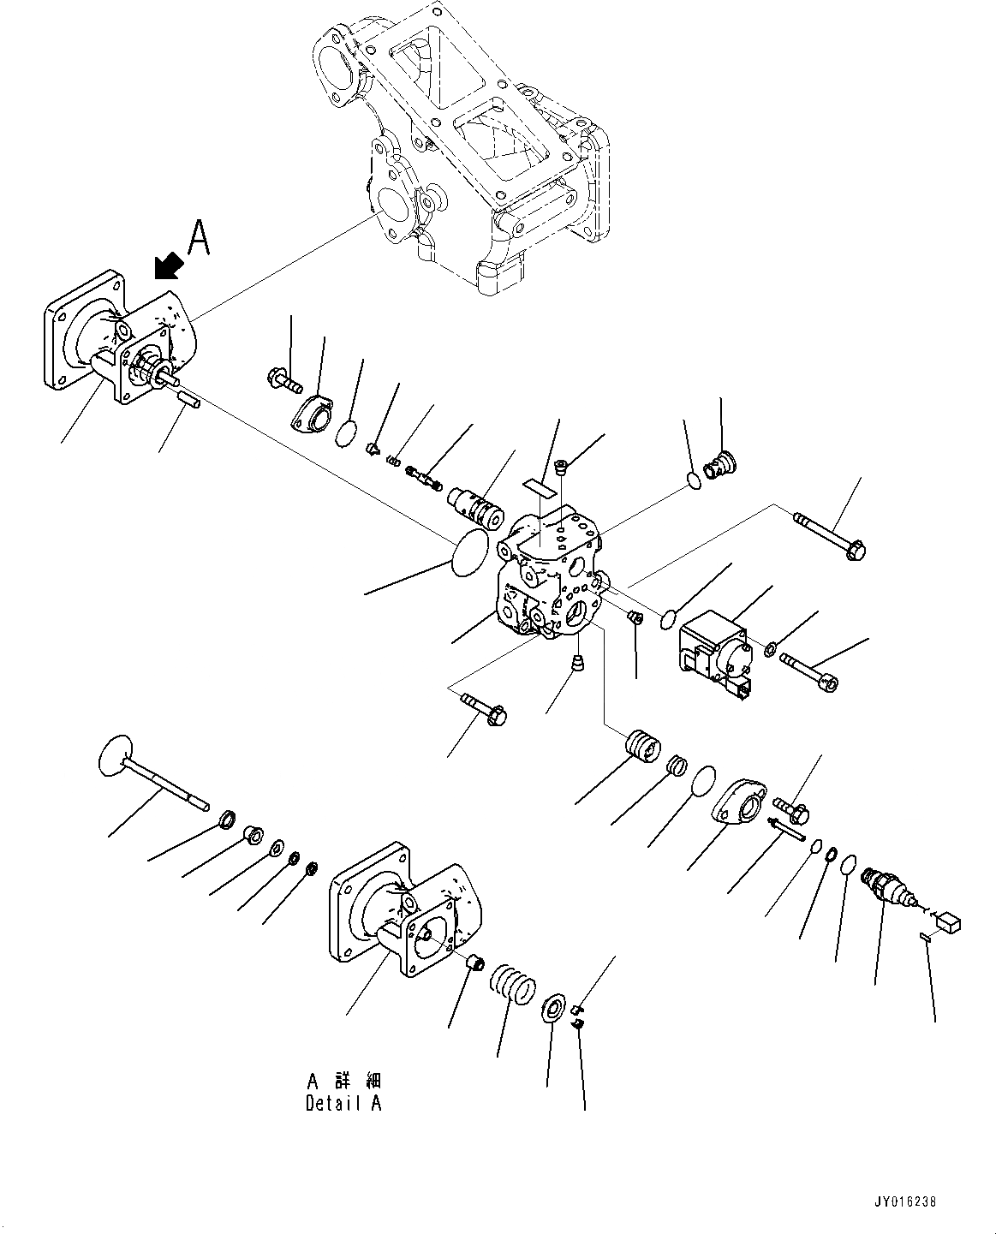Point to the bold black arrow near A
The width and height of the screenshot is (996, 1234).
tap(168, 265)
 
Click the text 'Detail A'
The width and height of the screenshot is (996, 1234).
tap(343, 1103)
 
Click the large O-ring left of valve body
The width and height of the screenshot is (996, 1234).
tap(469, 547)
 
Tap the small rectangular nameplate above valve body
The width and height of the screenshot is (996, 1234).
tap(539, 486)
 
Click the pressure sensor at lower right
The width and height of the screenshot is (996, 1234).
tap(892, 891)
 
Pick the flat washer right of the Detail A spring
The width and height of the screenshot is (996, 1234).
tap(552, 1009)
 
